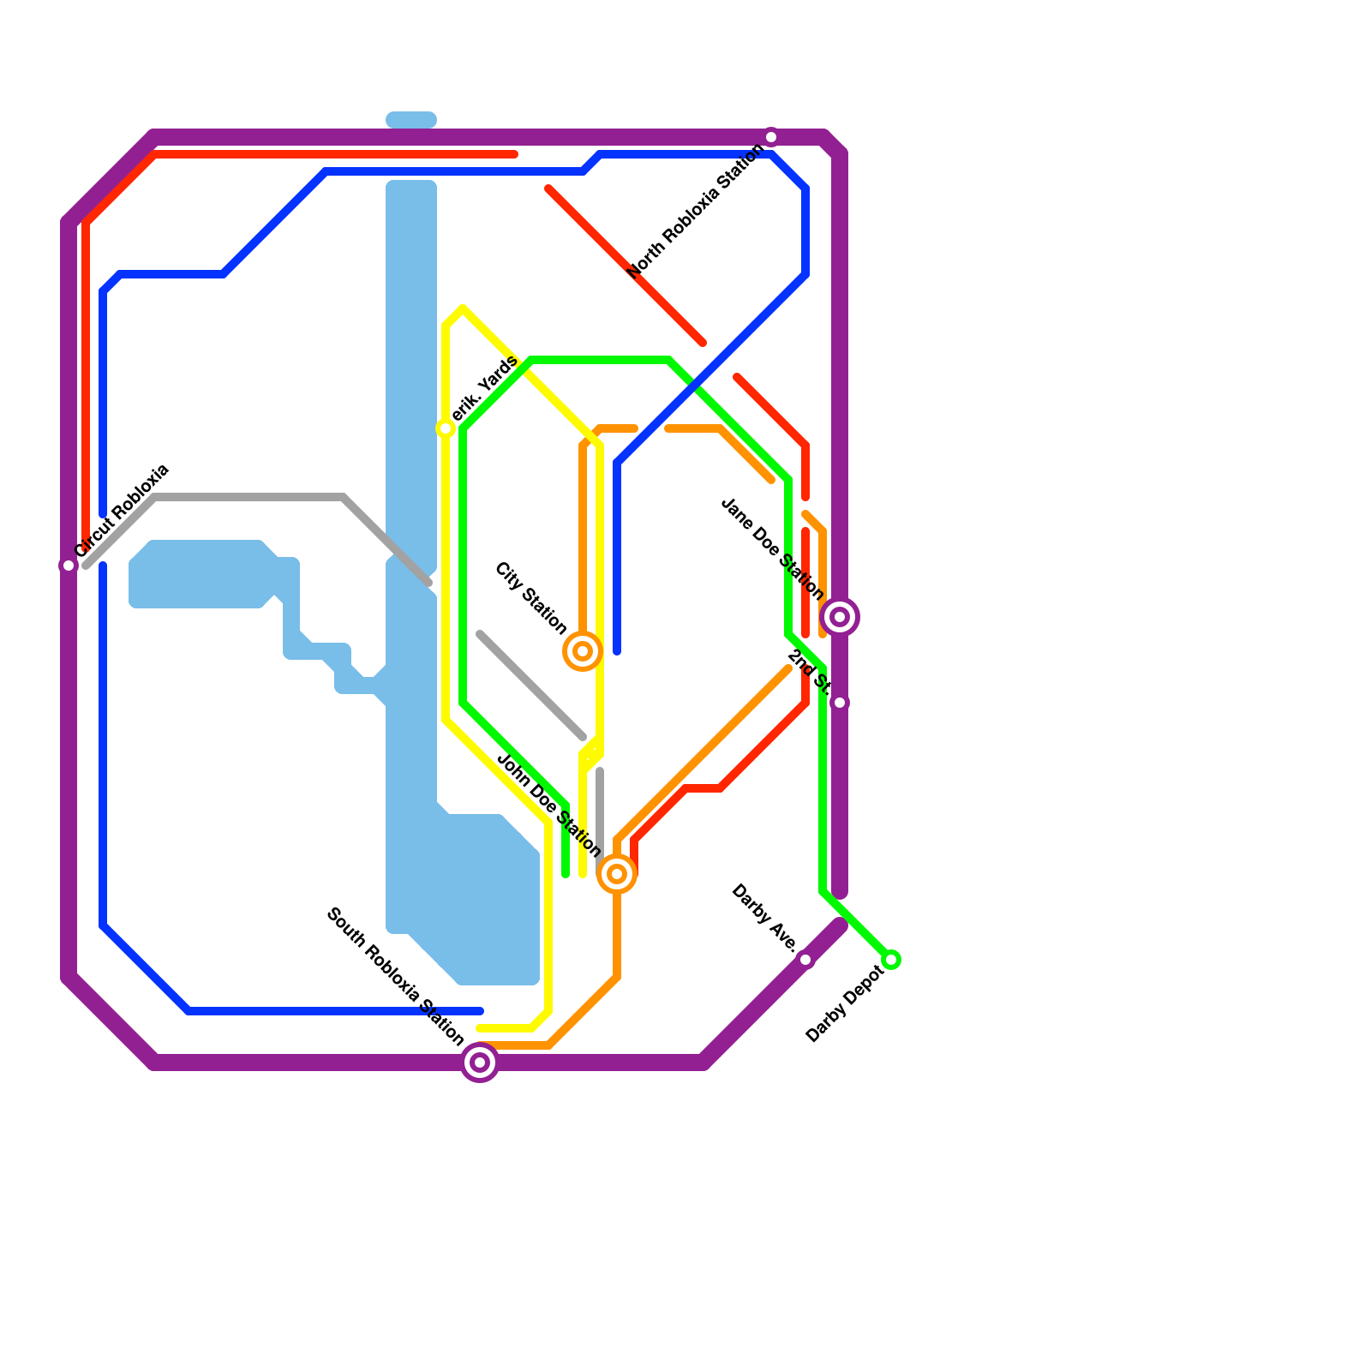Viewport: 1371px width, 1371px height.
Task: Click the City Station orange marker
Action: [x=583, y=651]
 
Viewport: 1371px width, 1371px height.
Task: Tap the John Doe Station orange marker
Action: [x=617, y=874]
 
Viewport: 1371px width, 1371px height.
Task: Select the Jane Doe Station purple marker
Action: [x=840, y=617]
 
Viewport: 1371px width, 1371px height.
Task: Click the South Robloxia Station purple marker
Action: [x=480, y=1063]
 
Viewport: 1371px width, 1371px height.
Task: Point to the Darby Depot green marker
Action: [x=891, y=960]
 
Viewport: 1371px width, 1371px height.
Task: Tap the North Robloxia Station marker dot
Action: [x=771, y=137]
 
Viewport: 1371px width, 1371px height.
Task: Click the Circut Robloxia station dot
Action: [x=69, y=566]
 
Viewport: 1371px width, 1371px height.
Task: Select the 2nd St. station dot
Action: [x=840, y=703]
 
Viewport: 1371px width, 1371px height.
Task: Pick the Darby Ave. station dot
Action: [x=805, y=960]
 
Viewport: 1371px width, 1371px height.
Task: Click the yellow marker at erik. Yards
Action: [x=446, y=428]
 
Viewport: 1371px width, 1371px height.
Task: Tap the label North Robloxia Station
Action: [x=696, y=211]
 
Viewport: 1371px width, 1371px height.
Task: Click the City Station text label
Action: [x=531, y=599]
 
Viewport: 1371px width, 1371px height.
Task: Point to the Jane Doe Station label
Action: [x=772, y=549]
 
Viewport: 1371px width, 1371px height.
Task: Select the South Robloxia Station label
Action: [x=395, y=977]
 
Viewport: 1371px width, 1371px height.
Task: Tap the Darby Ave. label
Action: [x=764, y=918]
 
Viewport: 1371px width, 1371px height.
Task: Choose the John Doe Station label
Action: [x=549, y=805]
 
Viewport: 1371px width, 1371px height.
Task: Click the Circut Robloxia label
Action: [x=123, y=512]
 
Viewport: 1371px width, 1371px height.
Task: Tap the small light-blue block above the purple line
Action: [x=411, y=120]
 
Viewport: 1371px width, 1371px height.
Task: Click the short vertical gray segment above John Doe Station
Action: [x=600, y=810]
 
